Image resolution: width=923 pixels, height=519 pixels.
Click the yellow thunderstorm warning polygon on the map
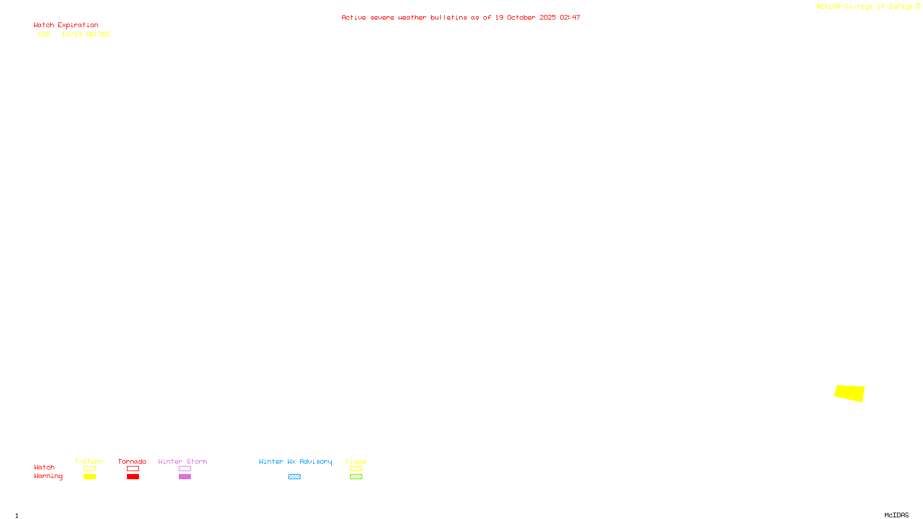tap(850, 393)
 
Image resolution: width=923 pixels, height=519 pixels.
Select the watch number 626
tap(44, 35)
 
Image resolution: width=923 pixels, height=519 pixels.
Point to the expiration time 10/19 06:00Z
tap(86, 35)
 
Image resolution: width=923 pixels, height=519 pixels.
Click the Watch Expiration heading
tap(66, 25)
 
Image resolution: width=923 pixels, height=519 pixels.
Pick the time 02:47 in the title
tap(569, 18)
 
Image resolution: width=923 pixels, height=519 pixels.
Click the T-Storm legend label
tap(89, 461)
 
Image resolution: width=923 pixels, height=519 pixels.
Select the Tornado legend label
tap(132, 461)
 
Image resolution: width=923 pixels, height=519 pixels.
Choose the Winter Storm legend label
tap(182, 461)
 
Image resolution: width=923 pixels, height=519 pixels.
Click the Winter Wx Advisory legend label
tap(295, 461)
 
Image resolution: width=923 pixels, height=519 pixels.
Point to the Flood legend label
tap(356, 461)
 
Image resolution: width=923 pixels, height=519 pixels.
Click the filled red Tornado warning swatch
tap(133, 477)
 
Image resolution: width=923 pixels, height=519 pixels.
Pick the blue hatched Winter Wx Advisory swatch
tap(294, 477)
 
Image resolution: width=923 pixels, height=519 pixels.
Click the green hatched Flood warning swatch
tap(356, 477)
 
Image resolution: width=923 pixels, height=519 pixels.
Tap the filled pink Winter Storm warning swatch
tap(185, 477)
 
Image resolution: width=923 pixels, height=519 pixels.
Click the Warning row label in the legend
tap(48, 476)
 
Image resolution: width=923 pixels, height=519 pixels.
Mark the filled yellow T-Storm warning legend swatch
tap(89, 477)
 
